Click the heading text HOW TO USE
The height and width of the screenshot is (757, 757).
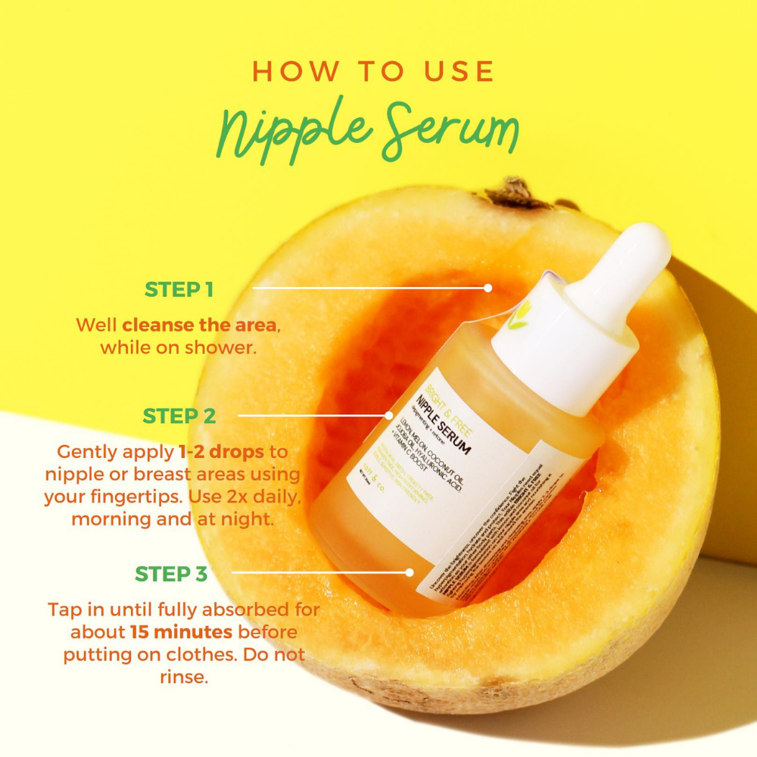[x=373, y=71]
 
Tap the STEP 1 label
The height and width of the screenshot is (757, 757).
[x=179, y=288]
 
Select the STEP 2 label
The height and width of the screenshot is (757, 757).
[x=179, y=416]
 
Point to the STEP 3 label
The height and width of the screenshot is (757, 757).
[x=170, y=574]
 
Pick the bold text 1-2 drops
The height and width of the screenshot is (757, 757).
[x=221, y=452]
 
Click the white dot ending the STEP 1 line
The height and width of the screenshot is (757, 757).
[x=488, y=288]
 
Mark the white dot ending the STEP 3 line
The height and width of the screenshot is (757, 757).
[x=410, y=573]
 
